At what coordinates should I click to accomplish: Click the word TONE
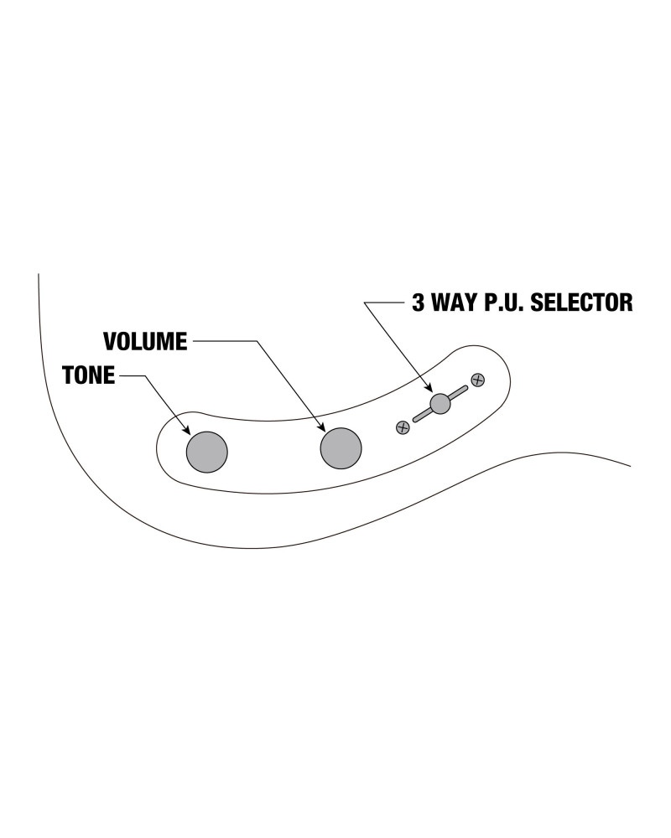[x=88, y=375]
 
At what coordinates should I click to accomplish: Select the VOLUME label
[x=146, y=342]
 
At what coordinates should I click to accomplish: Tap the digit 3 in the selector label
[x=419, y=302]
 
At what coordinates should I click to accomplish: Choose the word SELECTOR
[x=586, y=302]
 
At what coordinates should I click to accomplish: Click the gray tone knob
[x=206, y=451]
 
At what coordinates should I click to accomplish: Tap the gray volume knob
[x=341, y=447]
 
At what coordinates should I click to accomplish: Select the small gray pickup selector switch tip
[x=440, y=404]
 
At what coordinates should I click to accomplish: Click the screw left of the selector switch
[x=403, y=427]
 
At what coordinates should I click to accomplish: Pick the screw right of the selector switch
[x=477, y=380]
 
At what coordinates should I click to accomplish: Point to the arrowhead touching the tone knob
[x=190, y=432]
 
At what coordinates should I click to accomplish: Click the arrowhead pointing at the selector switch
[x=430, y=389]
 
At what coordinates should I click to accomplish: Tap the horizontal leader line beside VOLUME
[x=222, y=342]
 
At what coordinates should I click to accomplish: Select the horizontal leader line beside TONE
[x=131, y=376]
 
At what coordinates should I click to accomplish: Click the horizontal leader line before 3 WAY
[x=386, y=302]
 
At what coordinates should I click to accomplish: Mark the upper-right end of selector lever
[x=464, y=389]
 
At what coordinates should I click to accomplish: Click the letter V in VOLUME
[x=109, y=342]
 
